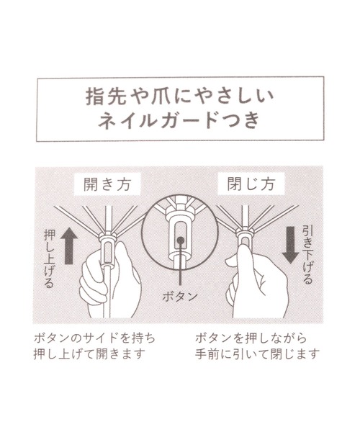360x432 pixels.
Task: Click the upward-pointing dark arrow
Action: click(68, 246)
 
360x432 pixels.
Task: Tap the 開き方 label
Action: click(107, 184)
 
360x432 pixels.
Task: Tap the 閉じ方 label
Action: click(251, 184)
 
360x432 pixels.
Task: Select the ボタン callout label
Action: click(180, 297)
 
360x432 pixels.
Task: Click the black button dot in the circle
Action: click(181, 240)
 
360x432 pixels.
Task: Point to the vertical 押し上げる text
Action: click(49, 258)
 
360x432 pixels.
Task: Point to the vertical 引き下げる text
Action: click(307, 254)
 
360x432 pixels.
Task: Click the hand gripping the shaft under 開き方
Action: click(110, 281)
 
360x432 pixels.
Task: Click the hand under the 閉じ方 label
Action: click(257, 282)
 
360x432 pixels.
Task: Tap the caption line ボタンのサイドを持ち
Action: click(94, 338)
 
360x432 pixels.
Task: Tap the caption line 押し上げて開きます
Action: click(89, 354)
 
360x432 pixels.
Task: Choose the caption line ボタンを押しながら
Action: click(251, 338)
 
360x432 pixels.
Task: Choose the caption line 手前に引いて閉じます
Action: click(257, 354)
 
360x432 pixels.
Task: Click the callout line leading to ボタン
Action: click(181, 264)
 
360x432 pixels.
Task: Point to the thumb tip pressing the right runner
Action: click(244, 246)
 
